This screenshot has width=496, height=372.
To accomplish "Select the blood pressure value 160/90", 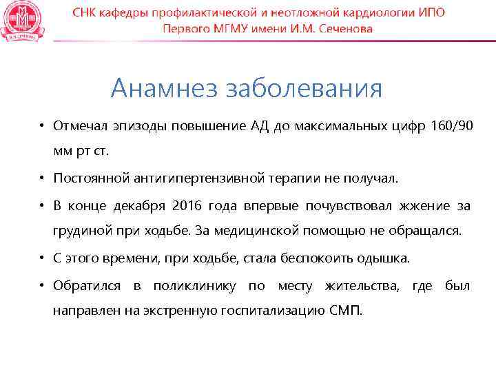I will [451, 126].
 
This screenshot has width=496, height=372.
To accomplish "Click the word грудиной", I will [80, 231].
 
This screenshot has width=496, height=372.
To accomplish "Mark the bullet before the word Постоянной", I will [42, 178].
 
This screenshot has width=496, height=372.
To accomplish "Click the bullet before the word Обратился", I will [42, 285].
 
